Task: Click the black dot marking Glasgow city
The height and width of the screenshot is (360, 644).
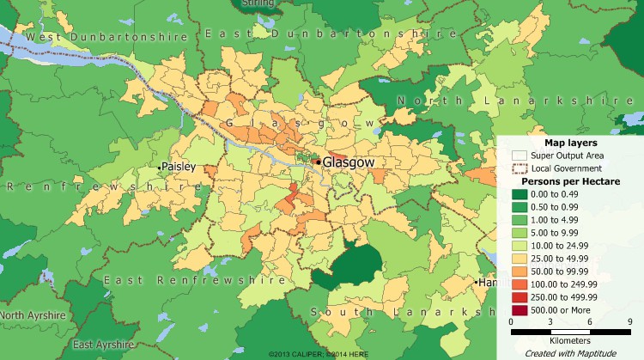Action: tap(317, 162)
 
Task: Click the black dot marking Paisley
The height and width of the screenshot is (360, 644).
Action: tap(161, 165)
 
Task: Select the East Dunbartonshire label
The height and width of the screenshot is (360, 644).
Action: tap(330, 34)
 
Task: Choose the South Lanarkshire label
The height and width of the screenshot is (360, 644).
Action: tap(404, 311)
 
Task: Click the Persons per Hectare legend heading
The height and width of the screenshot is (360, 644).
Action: tap(570, 182)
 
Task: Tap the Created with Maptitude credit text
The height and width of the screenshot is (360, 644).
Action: tap(570, 352)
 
